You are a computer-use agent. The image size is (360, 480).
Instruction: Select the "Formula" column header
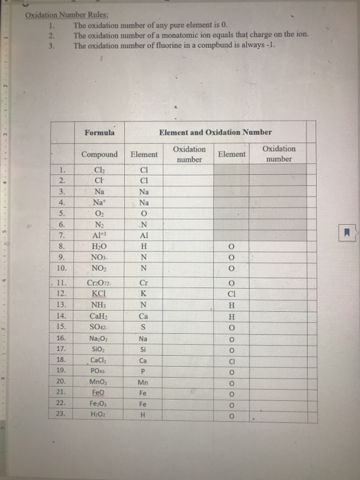[x=99, y=132]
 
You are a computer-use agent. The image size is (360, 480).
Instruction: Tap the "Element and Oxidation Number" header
[x=215, y=132]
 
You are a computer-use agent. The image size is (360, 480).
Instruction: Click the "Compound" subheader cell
[x=99, y=154]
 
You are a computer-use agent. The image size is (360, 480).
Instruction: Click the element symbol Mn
[x=143, y=381]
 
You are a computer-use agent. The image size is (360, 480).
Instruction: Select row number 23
[x=61, y=415]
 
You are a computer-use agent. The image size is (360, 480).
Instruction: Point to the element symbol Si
[x=143, y=349]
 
